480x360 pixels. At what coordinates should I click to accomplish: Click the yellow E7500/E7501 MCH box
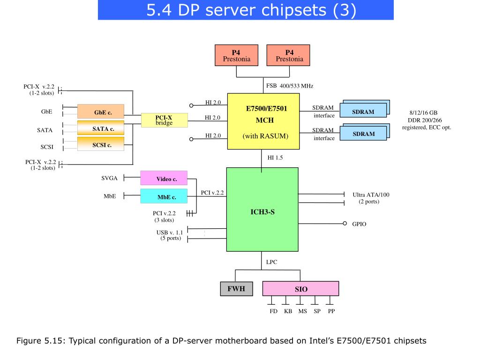click(x=263, y=121)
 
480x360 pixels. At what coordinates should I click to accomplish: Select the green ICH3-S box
click(x=262, y=210)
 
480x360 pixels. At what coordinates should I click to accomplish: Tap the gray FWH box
click(x=237, y=289)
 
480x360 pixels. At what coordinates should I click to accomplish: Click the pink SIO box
click(x=300, y=289)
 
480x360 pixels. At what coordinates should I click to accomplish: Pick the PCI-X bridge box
click(x=165, y=120)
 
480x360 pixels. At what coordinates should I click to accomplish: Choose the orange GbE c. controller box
click(x=101, y=112)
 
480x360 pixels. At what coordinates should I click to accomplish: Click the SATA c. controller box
click(x=101, y=128)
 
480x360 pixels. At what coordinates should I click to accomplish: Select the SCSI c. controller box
click(x=101, y=144)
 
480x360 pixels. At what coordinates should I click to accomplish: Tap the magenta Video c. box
click(x=164, y=178)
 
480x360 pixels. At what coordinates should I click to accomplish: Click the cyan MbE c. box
click(x=164, y=196)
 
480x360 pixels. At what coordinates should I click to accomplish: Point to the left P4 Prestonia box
click(x=236, y=55)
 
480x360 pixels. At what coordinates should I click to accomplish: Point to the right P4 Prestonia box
click(x=288, y=55)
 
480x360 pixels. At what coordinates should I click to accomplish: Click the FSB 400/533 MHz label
click(x=290, y=86)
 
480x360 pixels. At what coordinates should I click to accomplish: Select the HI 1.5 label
click(x=275, y=157)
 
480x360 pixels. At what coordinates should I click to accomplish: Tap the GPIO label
click(x=359, y=224)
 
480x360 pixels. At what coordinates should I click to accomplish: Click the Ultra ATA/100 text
click(x=371, y=195)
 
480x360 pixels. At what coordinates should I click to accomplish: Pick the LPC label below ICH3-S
click(x=271, y=262)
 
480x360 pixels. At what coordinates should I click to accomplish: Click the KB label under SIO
click(x=288, y=311)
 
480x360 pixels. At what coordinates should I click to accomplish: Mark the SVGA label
click(x=109, y=178)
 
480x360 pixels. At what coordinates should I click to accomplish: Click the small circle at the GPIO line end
click(x=345, y=224)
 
